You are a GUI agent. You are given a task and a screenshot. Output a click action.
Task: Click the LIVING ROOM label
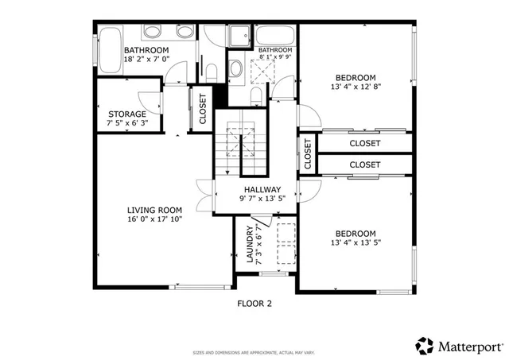[x=155, y=210]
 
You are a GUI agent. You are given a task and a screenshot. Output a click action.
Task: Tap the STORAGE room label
[x=127, y=114]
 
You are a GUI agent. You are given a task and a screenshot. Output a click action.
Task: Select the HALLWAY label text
[x=262, y=189]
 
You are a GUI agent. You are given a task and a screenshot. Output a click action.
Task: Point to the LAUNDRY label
[x=250, y=245]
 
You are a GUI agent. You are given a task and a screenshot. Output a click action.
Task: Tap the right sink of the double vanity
[x=184, y=33]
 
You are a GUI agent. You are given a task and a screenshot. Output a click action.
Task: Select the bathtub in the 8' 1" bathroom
[x=275, y=37]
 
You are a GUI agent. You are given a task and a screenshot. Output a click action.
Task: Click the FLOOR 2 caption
[x=254, y=303]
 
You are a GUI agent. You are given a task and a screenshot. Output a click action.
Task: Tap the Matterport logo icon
[x=424, y=346]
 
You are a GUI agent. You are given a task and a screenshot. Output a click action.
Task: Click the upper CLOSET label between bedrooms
[x=365, y=144]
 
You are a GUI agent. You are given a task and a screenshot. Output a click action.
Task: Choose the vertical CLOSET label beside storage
[x=202, y=110]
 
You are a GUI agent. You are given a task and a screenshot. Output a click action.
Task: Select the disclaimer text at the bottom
[x=254, y=352]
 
